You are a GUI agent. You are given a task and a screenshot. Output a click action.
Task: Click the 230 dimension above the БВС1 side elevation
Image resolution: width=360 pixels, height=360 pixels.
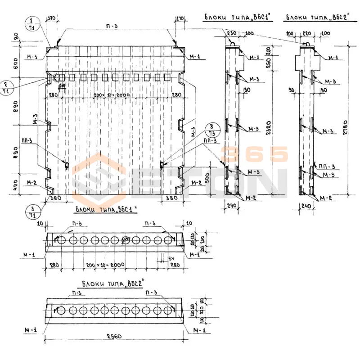pos(232,33)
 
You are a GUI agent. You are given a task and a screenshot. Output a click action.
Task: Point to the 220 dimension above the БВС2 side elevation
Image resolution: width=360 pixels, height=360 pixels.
pos(306,33)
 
